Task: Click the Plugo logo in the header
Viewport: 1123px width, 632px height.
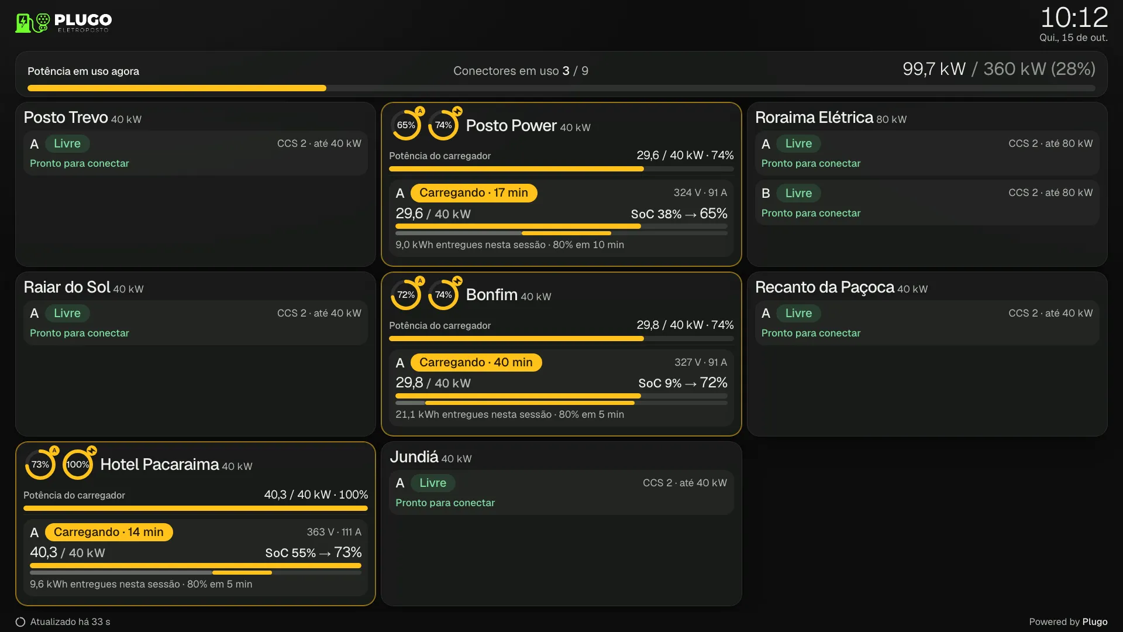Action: click(x=63, y=23)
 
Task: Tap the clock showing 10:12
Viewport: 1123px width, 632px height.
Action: click(x=1074, y=18)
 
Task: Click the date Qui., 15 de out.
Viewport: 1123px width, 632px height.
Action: click(x=1073, y=38)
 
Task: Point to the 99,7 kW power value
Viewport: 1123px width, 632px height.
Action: click(x=933, y=69)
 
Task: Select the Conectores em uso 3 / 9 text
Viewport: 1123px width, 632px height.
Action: click(x=521, y=71)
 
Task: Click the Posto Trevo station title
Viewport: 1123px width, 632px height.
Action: click(x=66, y=118)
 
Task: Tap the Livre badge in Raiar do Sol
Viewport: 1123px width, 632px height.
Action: click(x=67, y=313)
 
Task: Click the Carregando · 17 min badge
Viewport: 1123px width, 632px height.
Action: click(x=474, y=193)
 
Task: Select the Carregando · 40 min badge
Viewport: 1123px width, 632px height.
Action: click(x=476, y=363)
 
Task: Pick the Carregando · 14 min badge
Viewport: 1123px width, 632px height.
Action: click(x=109, y=533)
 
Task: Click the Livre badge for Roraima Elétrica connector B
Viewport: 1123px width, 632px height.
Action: click(x=798, y=193)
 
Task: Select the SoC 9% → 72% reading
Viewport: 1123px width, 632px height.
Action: click(x=683, y=383)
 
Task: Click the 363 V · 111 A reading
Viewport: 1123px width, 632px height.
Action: click(x=334, y=532)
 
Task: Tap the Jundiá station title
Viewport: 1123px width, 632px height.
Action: click(x=414, y=457)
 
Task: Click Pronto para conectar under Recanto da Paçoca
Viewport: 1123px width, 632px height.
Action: click(x=811, y=333)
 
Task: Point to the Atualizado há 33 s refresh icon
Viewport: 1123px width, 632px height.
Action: click(x=20, y=622)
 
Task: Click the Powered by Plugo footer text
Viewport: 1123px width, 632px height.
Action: click(x=1068, y=622)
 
